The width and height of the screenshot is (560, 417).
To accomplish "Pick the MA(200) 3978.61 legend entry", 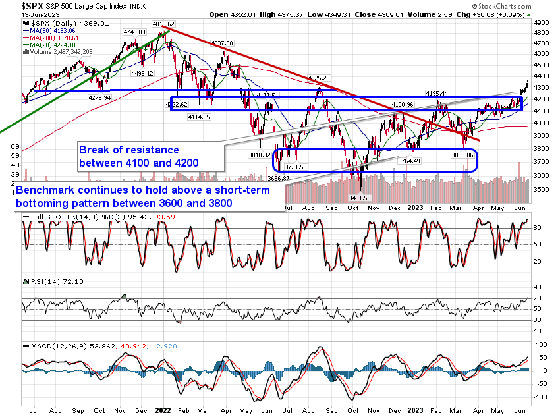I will click(57, 38).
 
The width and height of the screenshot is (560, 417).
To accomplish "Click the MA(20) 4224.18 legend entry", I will click(55, 45).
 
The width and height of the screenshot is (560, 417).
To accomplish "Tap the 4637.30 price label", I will click(222, 43).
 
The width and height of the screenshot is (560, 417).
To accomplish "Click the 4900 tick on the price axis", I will click(541, 22).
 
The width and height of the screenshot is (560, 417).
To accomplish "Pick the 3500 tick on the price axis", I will click(541, 189).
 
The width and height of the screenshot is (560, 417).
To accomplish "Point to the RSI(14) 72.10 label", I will click(46, 282).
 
